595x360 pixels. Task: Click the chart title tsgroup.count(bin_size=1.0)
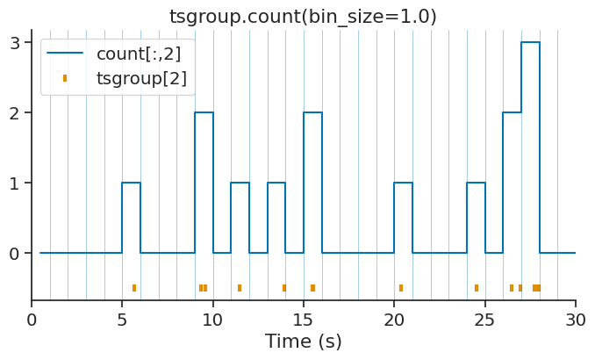click(303, 17)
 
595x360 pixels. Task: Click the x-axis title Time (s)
click(303, 342)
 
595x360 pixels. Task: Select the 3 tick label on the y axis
click(15, 42)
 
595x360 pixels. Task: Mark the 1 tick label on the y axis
click(15, 183)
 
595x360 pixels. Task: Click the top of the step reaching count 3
click(530, 42)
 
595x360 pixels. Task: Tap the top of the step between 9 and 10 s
click(204, 112)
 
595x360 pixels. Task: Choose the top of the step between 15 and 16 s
click(312, 112)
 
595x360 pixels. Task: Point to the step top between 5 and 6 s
click(131, 183)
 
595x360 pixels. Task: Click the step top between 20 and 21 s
click(403, 183)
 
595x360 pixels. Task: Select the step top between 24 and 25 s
click(476, 183)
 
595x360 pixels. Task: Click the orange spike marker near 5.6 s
click(134, 288)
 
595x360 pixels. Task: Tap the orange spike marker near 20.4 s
click(401, 288)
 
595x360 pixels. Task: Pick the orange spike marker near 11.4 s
click(240, 288)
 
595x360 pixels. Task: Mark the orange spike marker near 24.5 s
click(477, 288)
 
